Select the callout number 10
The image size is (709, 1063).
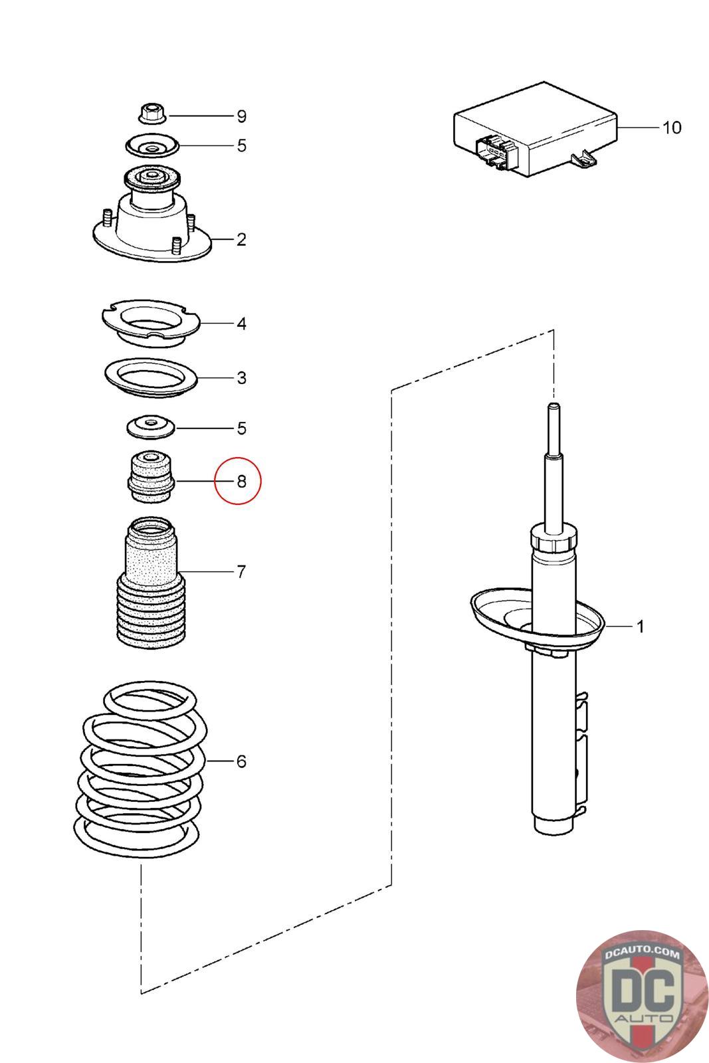[x=672, y=127]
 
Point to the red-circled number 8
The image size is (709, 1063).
[x=241, y=481]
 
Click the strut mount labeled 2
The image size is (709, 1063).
[x=152, y=219]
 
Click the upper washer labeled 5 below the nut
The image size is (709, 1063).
[x=152, y=145]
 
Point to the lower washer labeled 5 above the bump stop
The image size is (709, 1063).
[x=151, y=427]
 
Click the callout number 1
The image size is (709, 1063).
[x=640, y=627]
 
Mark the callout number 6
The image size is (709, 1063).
[x=241, y=761]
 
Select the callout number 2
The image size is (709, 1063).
[x=241, y=239]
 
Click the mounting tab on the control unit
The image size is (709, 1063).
[x=583, y=158]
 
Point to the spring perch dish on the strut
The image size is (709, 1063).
[x=538, y=618]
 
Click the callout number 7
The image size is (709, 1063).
[x=241, y=571]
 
